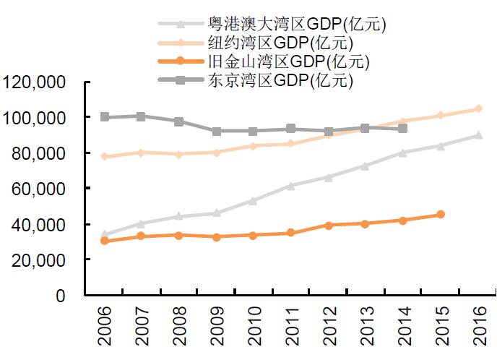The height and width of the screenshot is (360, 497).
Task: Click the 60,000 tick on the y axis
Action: (x=38, y=189)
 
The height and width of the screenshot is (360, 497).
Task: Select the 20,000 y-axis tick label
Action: (x=38, y=260)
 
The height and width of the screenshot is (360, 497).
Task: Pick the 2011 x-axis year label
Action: (x=291, y=325)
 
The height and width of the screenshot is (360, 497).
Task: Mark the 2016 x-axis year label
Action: (x=477, y=325)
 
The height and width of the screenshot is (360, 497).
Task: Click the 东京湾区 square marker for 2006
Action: (x=105, y=117)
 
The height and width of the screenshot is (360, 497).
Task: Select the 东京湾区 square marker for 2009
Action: (x=217, y=132)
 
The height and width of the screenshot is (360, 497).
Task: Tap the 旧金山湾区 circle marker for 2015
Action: (x=440, y=215)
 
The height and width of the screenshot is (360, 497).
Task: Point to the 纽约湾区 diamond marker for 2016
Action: (x=477, y=109)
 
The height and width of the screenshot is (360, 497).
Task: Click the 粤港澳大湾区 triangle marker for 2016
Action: (x=477, y=135)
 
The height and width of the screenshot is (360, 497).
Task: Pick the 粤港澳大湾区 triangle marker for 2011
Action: (x=291, y=186)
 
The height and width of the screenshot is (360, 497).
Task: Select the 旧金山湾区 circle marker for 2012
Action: (x=328, y=226)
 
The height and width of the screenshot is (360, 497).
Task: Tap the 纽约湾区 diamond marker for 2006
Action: (x=105, y=156)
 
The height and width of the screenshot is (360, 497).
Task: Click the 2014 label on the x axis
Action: (x=403, y=325)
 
